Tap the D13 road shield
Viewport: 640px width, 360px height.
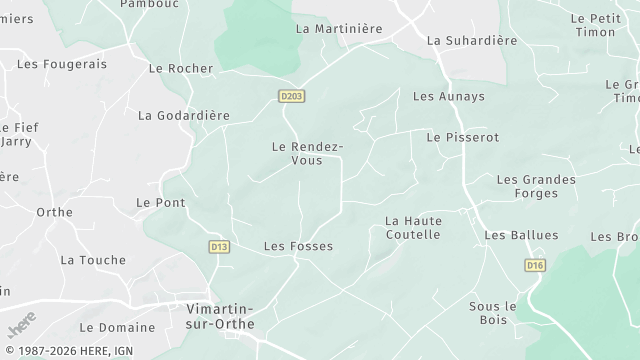(219, 246)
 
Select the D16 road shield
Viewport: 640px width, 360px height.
(535, 265)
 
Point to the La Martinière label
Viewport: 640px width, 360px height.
(339, 29)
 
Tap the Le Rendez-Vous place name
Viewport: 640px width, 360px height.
(307, 153)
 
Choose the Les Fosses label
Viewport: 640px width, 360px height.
(298, 246)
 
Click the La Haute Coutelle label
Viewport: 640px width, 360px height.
(413, 227)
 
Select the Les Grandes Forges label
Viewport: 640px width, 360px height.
(536, 187)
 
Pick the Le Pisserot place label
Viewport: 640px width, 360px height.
(462, 137)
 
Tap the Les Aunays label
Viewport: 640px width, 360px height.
(449, 96)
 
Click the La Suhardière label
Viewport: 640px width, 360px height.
(472, 41)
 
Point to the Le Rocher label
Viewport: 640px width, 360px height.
(181, 69)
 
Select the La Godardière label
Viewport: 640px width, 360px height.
(184, 116)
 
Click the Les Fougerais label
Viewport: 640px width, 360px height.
(62, 64)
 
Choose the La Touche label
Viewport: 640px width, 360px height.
(93, 260)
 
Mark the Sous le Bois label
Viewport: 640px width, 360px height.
(492, 312)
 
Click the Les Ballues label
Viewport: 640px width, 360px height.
(521, 235)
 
